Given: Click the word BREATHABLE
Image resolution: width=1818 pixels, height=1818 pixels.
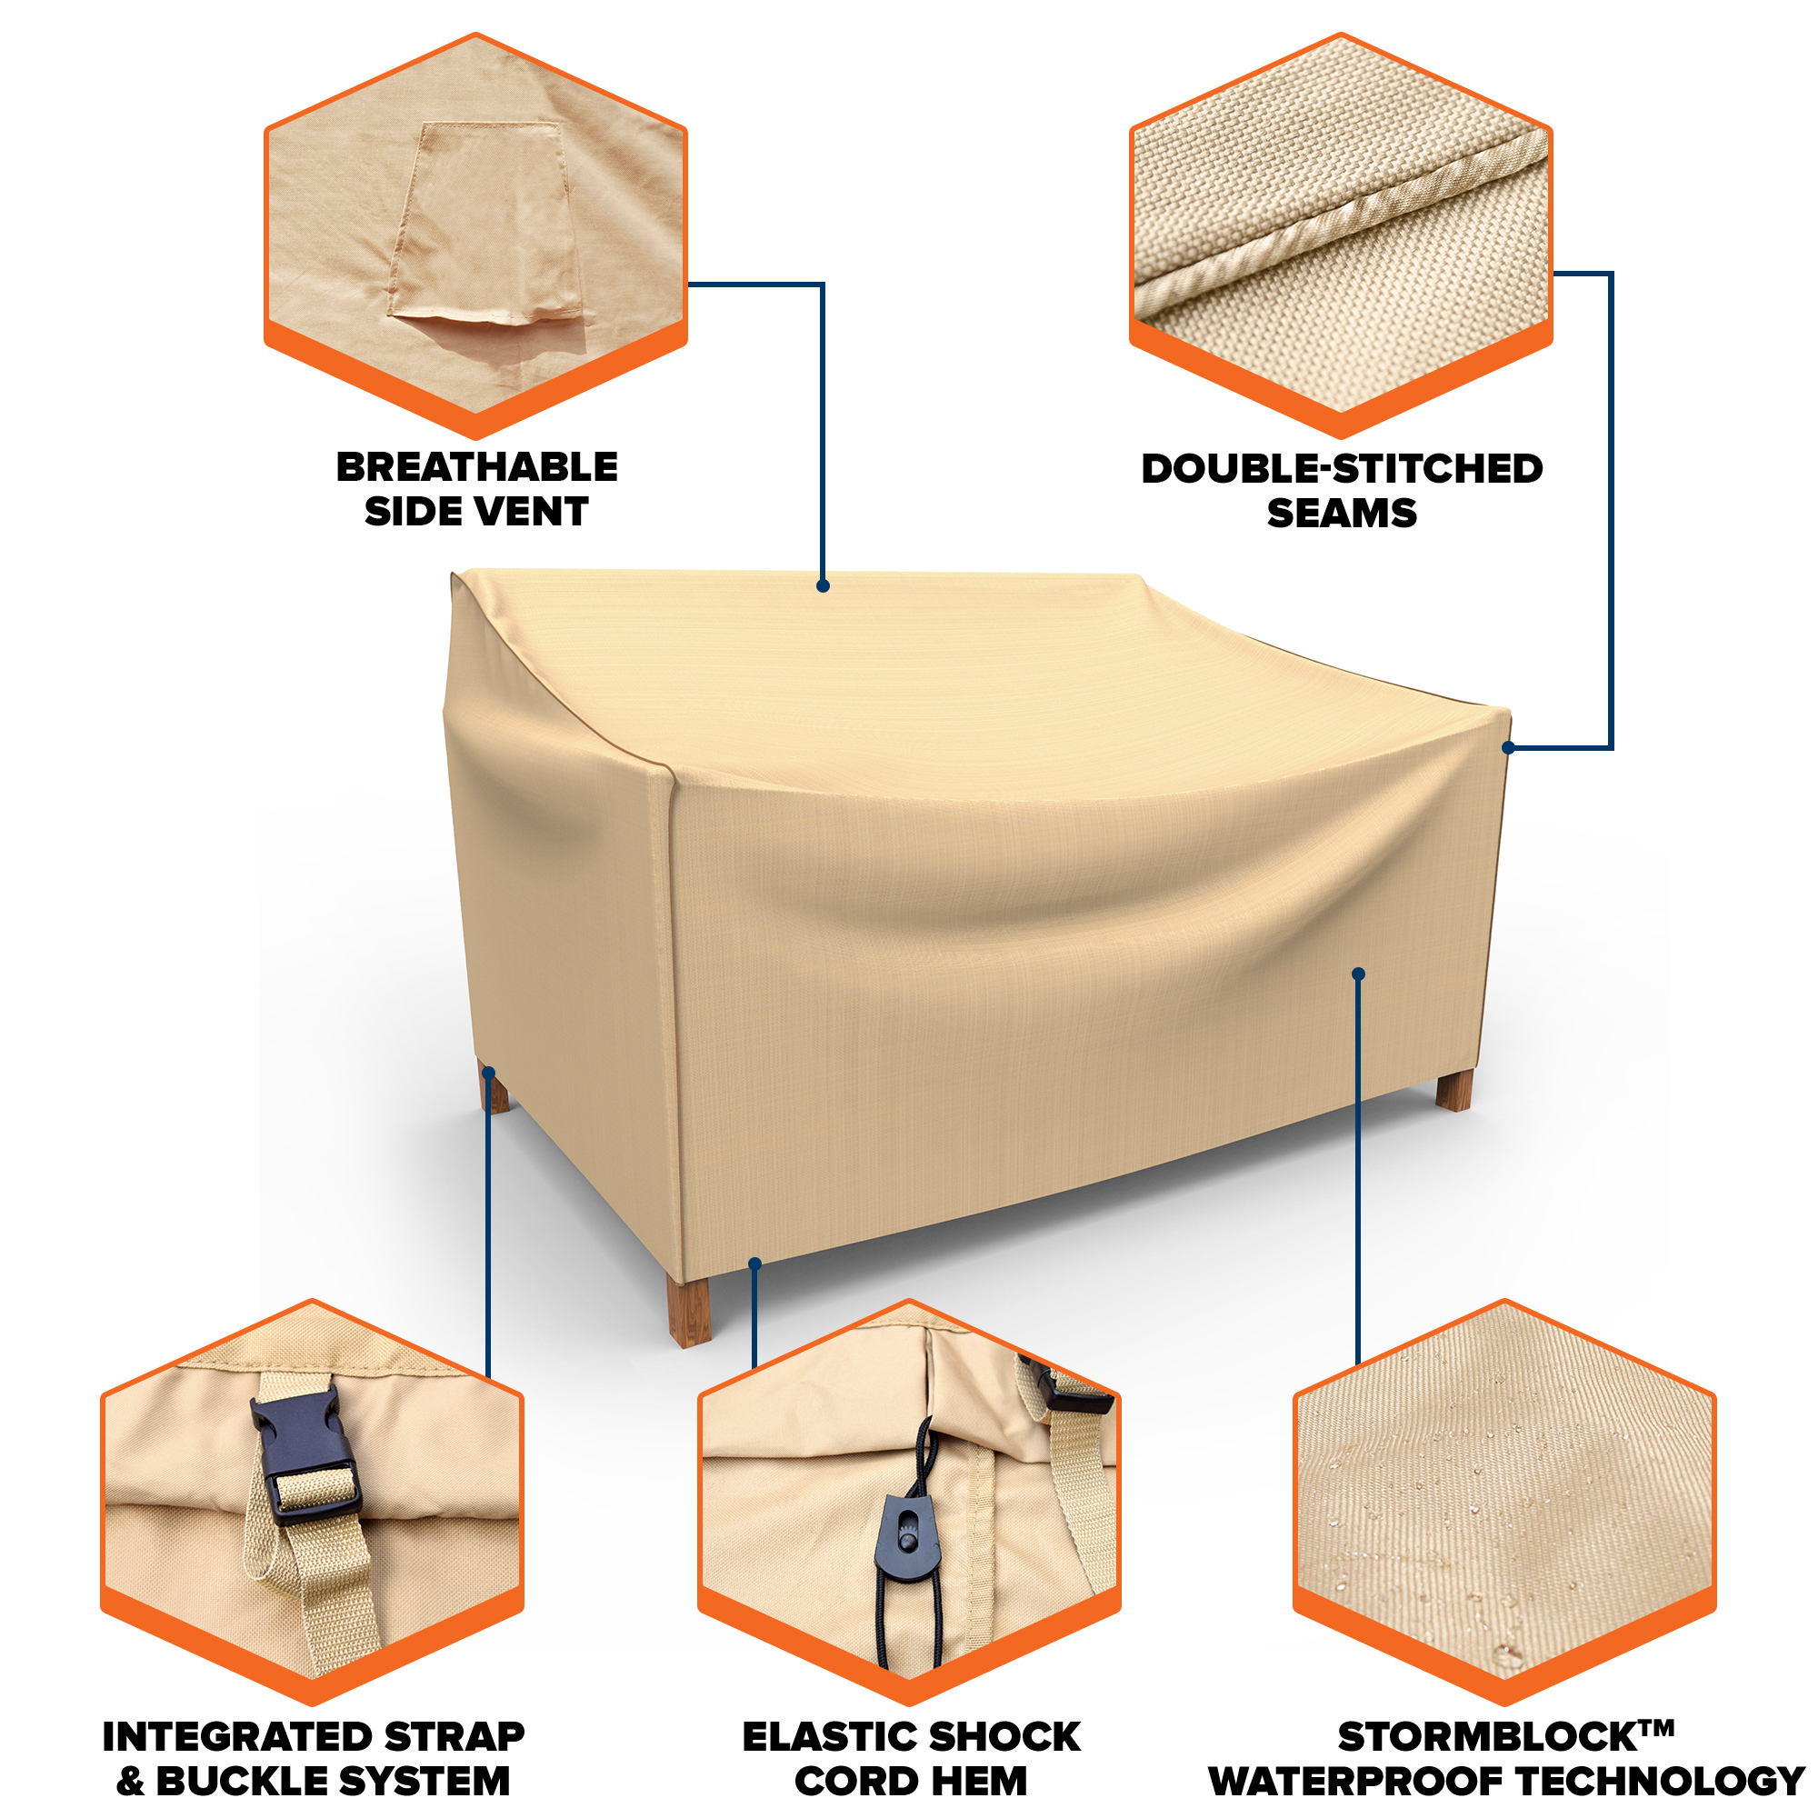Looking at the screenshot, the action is pos(477,467).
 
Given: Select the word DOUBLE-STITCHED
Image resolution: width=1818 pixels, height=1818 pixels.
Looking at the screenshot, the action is pos(1342,469).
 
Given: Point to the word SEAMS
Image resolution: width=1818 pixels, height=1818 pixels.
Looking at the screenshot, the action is pos(1342,514).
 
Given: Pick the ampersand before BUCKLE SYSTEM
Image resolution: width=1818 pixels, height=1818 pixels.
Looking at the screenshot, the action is pos(131,1782).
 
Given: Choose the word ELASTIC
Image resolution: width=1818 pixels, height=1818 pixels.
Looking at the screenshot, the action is pos(829,1737).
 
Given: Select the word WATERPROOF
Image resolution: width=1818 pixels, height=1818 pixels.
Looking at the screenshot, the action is pos(1356,1782).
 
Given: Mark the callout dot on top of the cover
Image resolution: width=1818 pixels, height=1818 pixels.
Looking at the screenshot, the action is pos(823,586).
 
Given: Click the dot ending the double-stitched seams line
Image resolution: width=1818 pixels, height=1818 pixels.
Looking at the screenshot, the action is pos(1508,748).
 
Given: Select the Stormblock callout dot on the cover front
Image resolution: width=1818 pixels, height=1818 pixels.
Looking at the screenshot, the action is pos(1358,974).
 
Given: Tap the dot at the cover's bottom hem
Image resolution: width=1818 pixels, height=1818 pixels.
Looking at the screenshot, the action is pos(754,1264).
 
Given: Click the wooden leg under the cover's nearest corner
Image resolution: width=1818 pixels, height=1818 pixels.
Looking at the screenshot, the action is pos(689,1310).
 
